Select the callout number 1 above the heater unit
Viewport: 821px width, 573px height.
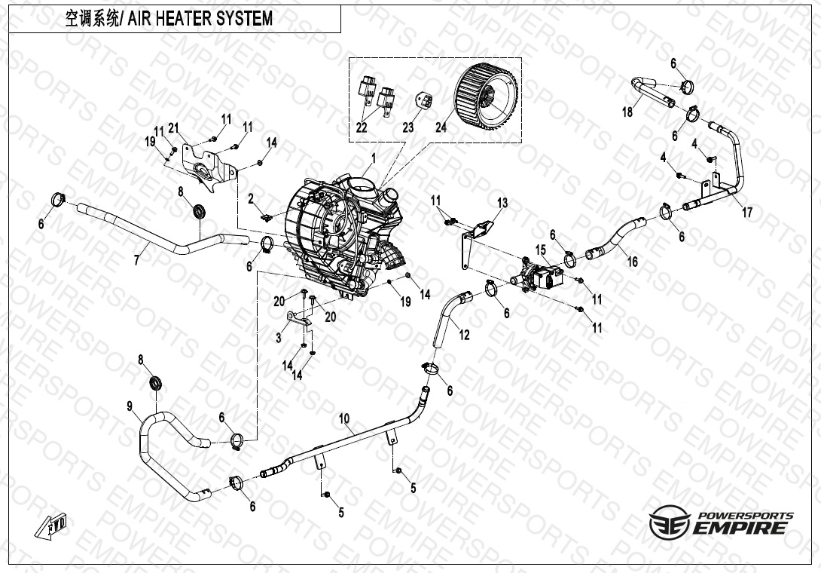pyautogui.click(x=371, y=158)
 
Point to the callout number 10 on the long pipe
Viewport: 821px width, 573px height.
pyautogui.click(x=344, y=418)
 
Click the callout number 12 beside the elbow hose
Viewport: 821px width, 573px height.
pyautogui.click(x=464, y=335)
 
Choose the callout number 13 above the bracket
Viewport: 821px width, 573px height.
pyautogui.click(x=502, y=203)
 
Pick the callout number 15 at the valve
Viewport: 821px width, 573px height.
pyautogui.click(x=540, y=250)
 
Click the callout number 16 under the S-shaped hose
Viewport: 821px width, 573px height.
pyautogui.click(x=633, y=262)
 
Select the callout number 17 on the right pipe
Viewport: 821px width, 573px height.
pyautogui.click(x=747, y=213)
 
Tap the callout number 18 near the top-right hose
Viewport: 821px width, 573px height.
pyautogui.click(x=627, y=112)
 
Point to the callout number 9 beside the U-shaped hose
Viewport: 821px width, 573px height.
pyautogui.click(x=130, y=407)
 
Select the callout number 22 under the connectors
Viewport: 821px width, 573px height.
pyautogui.click(x=362, y=128)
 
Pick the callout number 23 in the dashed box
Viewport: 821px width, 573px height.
pyautogui.click(x=408, y=128)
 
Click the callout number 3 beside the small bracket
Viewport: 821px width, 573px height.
pyautogui.click(x=279, y=338)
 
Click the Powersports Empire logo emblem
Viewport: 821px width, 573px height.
pyautogui.click(x=667, y=522)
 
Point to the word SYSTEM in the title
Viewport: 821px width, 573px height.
pyautogui.click(x=245, y=19)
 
